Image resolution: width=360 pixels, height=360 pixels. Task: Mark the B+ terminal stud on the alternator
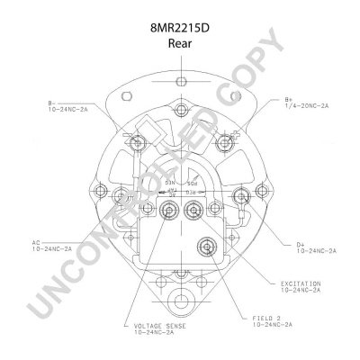click(x=224, y=141)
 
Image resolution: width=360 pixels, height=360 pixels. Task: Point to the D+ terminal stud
click(x=241, y=195)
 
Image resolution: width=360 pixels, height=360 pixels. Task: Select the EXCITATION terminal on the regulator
click(x=193, y=211)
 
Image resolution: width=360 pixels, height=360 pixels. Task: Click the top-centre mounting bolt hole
click(x=180, y=111)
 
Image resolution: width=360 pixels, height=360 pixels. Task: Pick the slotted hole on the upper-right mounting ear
click(x=235, y=94)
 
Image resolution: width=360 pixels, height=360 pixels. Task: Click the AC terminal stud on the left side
click(x=119, y=195)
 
